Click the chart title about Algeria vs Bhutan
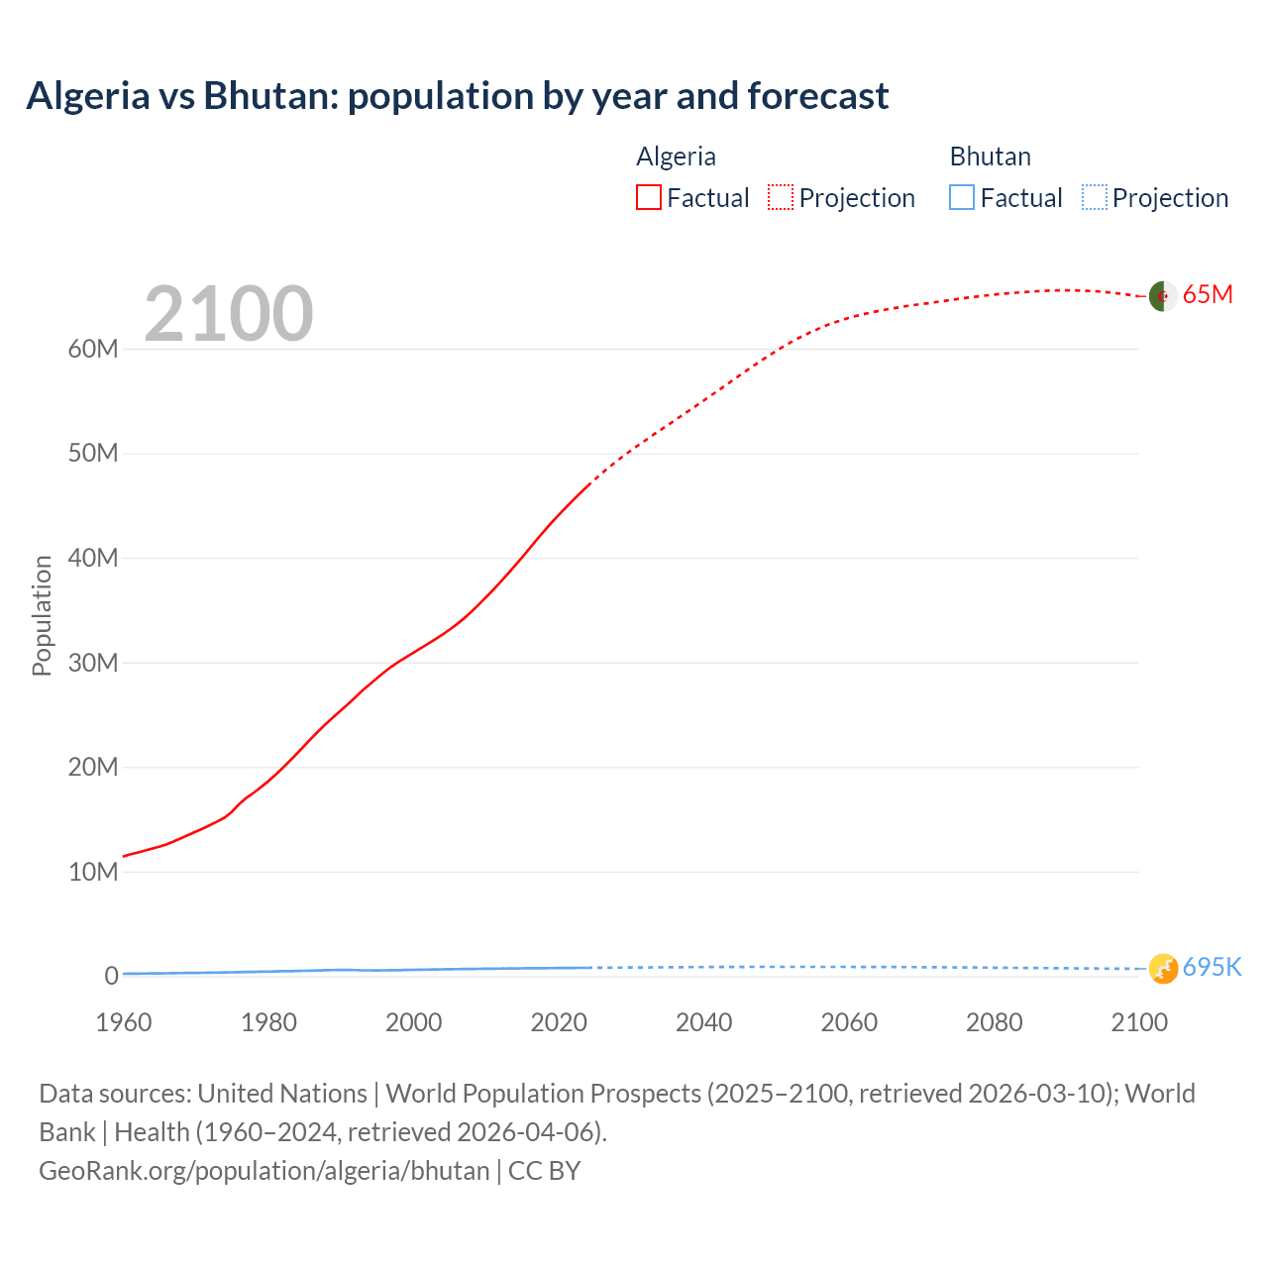click(x=457, y=96)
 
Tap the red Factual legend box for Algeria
click(x=648, y=197)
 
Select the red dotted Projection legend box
click(x=781, y=197)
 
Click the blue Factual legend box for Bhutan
click(x=961, y=197)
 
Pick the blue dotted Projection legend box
click(x=1094, y=197)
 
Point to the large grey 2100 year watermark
click(x=229, y=314)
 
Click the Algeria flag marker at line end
click(x=1162, y=295)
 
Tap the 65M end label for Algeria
click(x=1208, y=295)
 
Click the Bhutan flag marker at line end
click(x=1162, y=968)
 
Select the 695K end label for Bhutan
click(x=1212, y=968)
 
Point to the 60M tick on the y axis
click(x=93, y=349)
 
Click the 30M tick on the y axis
click(x=93, y=663)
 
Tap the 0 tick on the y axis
click(x=111, y=976)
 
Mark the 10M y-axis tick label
click(x=93, y=872)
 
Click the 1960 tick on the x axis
click(x=124, y=1022)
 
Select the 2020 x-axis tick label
click(x=559, y=1022)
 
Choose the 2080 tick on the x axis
click(x=994, y=1022)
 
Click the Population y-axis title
click(x=42, y=615)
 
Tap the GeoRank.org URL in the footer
click(x=264, y=1171)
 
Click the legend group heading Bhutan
click(x=990, y=157)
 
